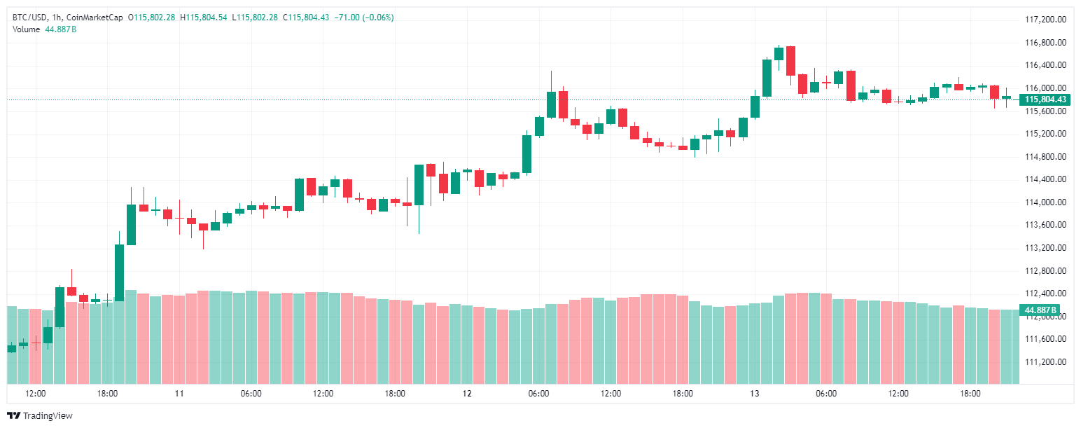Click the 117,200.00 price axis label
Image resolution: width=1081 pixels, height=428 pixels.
pyautogui.click(x=1045, y=20)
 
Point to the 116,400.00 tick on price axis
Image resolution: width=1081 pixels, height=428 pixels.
pyautogui.click(x=1045, y=65)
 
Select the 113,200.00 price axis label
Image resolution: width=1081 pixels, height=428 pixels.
pyautogui.click(x=1045, y=248)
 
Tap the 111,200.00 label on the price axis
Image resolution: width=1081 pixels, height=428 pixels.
pyautogui.click(x=1045, y=362)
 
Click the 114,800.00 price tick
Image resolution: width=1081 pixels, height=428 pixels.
pyautogui.click(x=1045, y=157)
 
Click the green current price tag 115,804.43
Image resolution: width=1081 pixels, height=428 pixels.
pyautogui.click(x=1045, y=99)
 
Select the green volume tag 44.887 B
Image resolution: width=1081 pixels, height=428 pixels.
pyautogui.click(x=1040, y=310)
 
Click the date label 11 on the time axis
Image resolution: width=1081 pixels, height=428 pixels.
pyautogui.click(x=179, y=394)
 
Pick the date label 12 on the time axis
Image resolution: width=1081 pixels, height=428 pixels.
pyautogui.click(x=467, y=394)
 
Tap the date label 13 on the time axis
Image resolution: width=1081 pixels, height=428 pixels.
pyautogui.click(x=754, y=394)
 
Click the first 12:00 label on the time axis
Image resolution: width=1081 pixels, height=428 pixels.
pyautogui.click(x=36, y=394)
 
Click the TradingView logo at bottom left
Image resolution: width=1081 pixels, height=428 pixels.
pyautogui.click(x=41, y=416)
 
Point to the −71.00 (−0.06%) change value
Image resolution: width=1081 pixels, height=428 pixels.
pyautogui.click(x=368, y=17)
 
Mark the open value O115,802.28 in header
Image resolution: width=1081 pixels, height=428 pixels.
pyautogui.click(x=151, y=17)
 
